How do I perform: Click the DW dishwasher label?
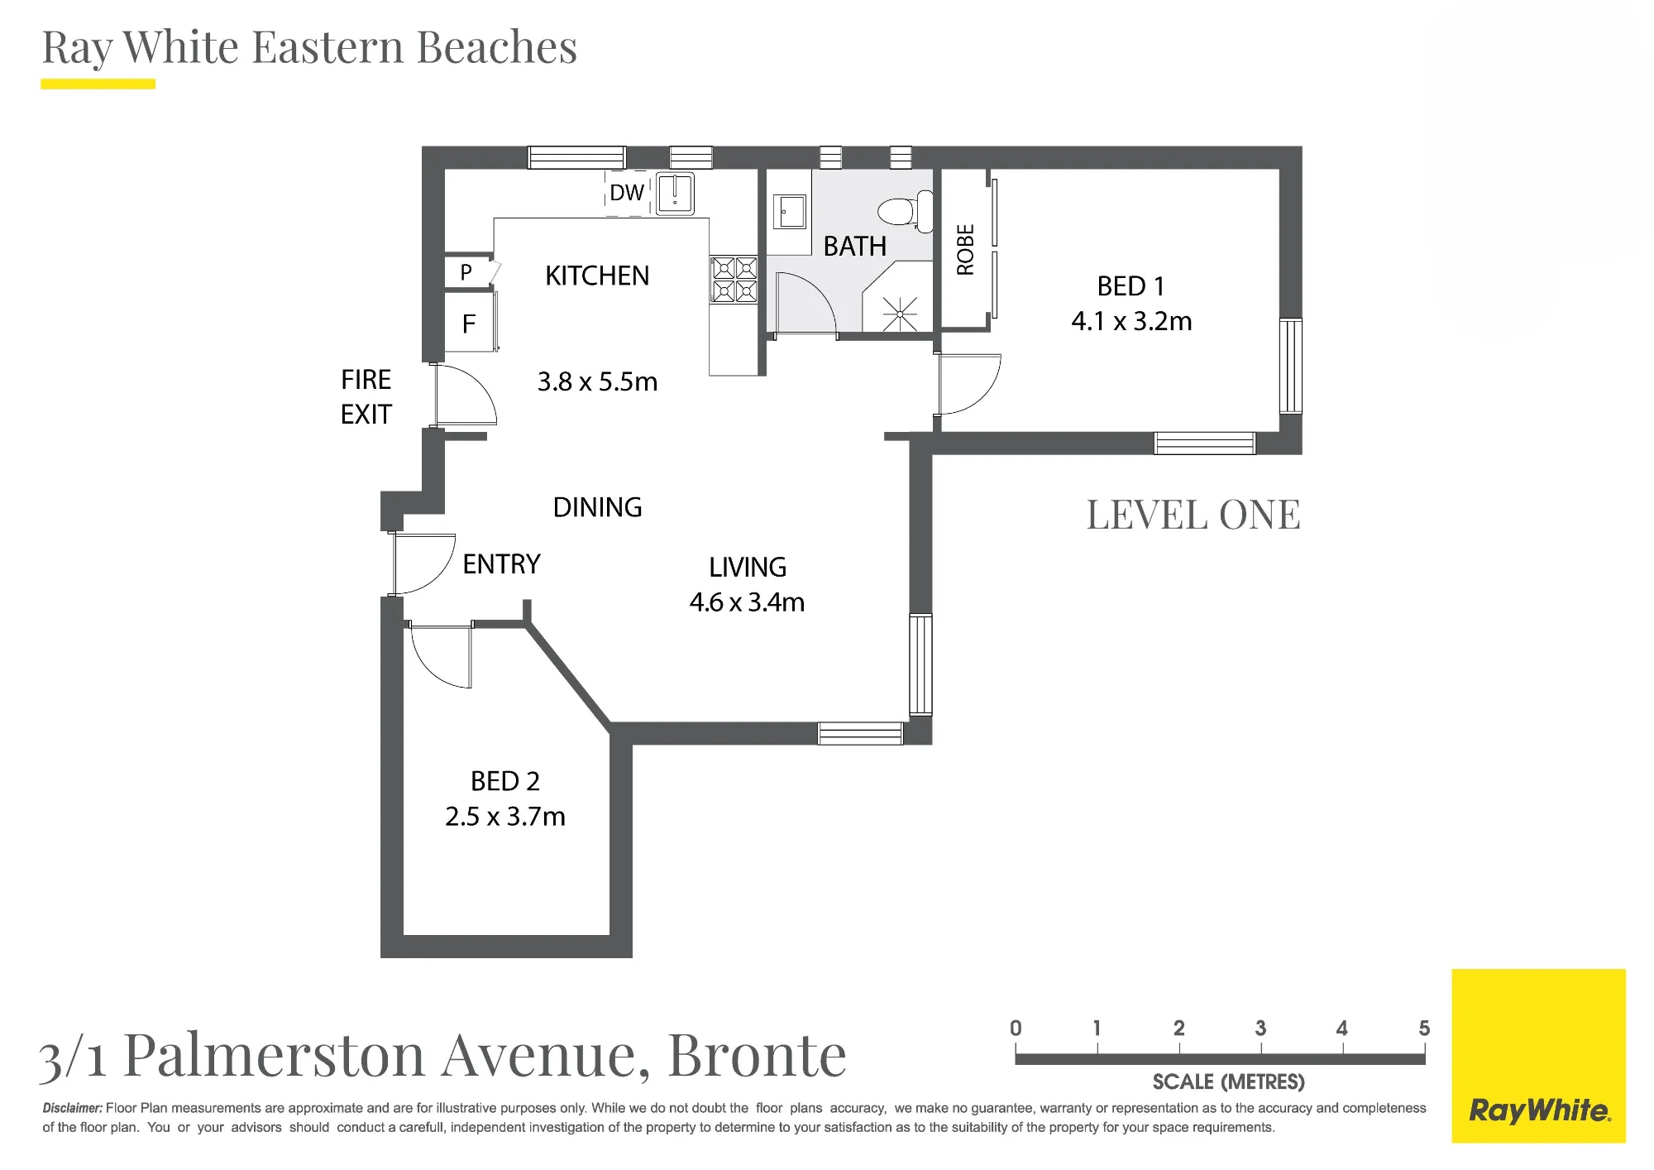627,193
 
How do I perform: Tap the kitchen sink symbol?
675,194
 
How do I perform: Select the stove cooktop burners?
734,279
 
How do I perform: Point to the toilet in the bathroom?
906,211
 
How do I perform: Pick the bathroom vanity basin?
789,212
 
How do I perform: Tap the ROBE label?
965,250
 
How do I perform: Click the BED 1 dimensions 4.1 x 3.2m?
1131,321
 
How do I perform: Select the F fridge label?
469,324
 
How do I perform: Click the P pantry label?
466,272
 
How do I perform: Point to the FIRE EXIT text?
366,397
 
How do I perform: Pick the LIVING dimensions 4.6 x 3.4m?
747,602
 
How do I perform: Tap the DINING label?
597,507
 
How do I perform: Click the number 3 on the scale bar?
1260,1029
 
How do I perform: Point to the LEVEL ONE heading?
1193,515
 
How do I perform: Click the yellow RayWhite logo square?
1538,1056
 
